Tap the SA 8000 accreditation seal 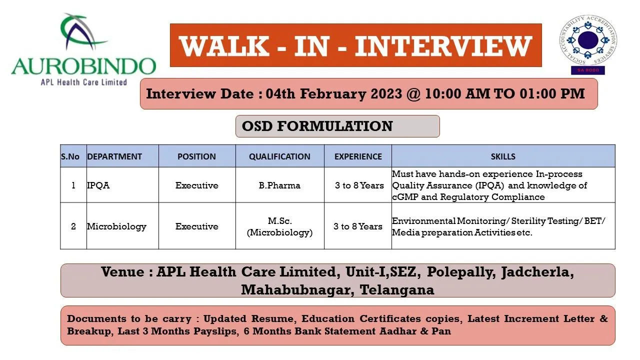click(587, 44)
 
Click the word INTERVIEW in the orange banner click(443, 45)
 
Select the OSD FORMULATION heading click(317, 126)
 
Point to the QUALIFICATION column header click(279, 156)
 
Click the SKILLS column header click(503, 156)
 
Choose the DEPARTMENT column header click(114, 156)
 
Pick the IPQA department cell click(98, 185)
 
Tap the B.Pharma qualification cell click(279, 185)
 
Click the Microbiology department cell click(116, 226)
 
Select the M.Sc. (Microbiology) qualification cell click(279, 226)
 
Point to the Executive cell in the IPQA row click(196, 185)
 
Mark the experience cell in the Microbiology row click(358, 226)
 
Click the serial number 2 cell click(73, 226)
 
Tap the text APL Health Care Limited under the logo click(83, 82)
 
